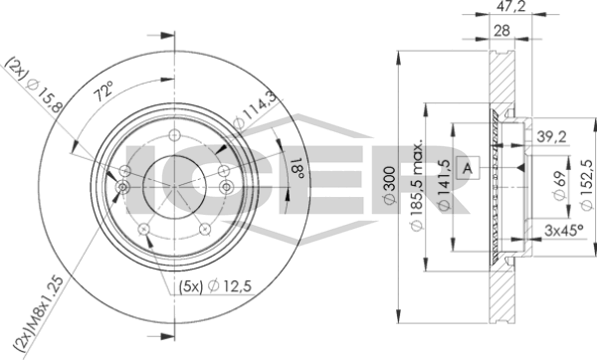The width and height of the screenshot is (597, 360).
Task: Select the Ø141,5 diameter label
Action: coord(444,184)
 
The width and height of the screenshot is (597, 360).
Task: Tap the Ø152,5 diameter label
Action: coord(588,184)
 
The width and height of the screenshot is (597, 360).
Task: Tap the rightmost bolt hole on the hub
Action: coord(228,184)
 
